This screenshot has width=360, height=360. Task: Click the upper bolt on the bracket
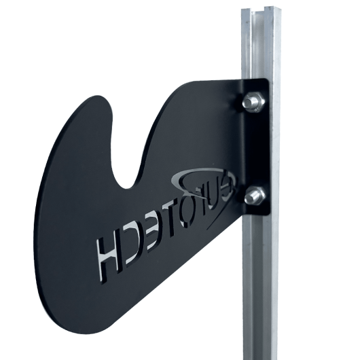(x=253, y=103)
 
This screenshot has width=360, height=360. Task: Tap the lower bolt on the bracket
(x=254, y=196)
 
